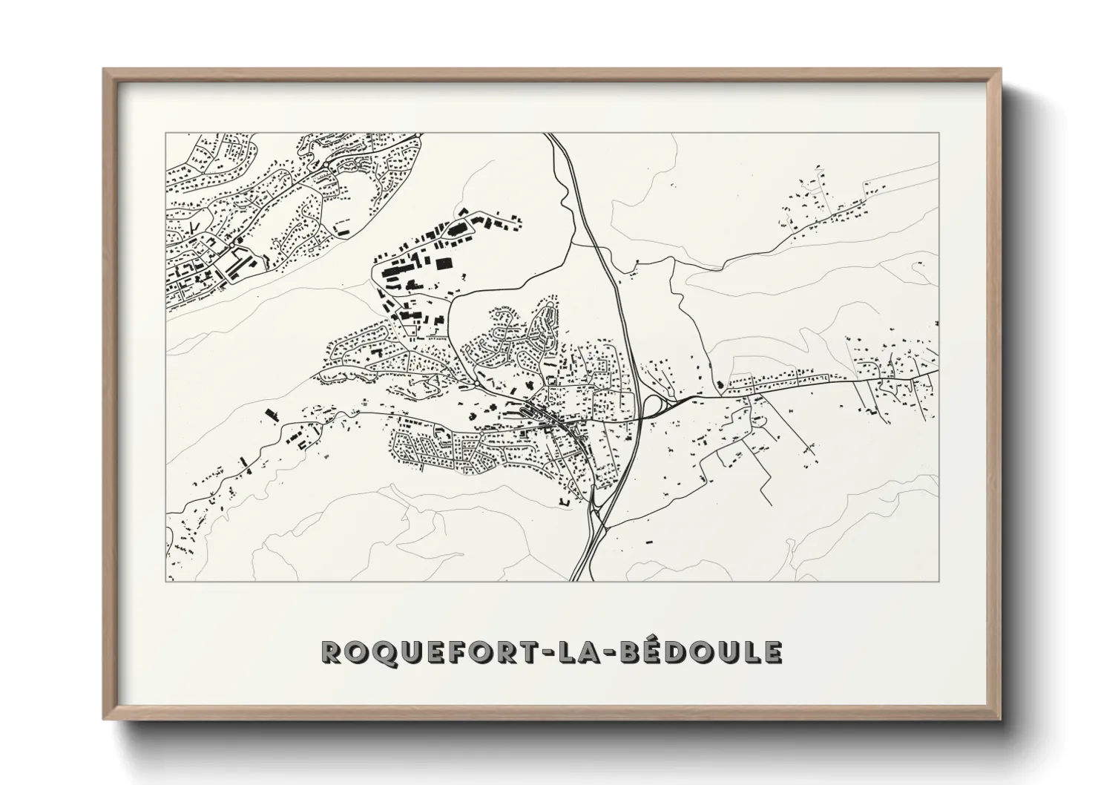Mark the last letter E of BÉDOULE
(772, 652)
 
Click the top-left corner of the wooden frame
(105, 70)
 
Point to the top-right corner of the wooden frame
(1000, 70)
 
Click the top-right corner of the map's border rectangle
(939, 134)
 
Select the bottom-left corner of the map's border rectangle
(165, 581)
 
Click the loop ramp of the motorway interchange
(652, 405)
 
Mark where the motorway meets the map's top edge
(550, 134)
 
